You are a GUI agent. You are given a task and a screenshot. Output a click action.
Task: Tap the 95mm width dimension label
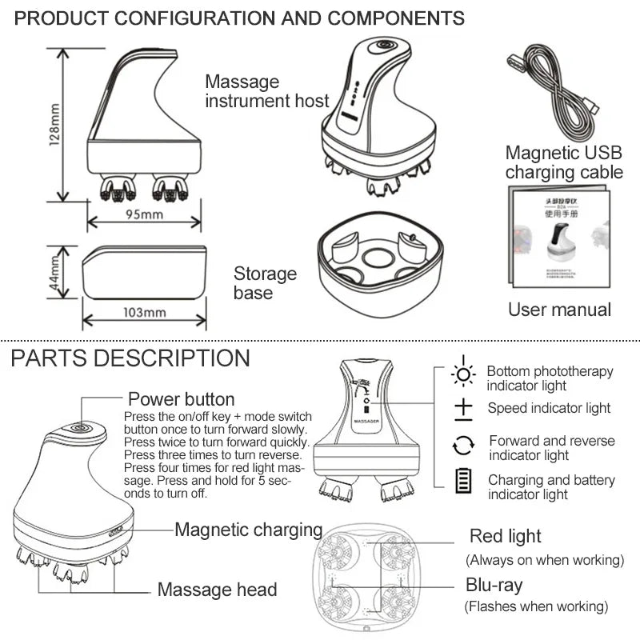click(145, 214)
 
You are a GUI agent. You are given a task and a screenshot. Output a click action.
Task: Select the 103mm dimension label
click(144, 312)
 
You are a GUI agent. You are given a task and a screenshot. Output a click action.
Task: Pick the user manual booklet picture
click(558, 239)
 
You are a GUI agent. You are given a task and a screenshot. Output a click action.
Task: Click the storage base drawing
click(378, 263)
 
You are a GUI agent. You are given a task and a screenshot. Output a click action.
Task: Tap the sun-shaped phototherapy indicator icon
click(463, 374)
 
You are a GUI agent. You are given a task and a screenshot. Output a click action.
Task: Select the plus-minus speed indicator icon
click(463, 409)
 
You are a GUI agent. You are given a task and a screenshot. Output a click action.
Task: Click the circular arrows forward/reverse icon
click(463, 445)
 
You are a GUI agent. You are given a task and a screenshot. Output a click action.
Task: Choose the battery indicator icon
click(463, 482)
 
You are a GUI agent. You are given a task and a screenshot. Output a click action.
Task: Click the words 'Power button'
click(182, 399)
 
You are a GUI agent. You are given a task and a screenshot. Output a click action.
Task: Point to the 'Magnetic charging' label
click(248, 530)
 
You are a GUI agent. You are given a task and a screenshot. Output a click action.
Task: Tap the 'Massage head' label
click(217, 590)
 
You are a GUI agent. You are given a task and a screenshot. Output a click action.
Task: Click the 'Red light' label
click(505, 536)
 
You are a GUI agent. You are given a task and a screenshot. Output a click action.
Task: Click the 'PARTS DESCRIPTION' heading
click(130, 358)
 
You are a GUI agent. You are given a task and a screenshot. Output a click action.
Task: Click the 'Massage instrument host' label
click(266, 91)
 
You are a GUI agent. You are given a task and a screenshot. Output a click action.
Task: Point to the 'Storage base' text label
click(265, 283)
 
